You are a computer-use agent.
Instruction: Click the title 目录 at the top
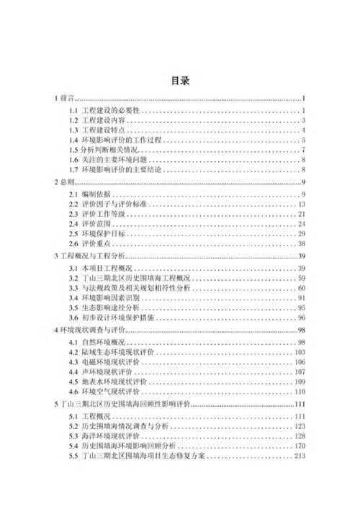[179, 81]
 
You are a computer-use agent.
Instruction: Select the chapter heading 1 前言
[66, 98]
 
